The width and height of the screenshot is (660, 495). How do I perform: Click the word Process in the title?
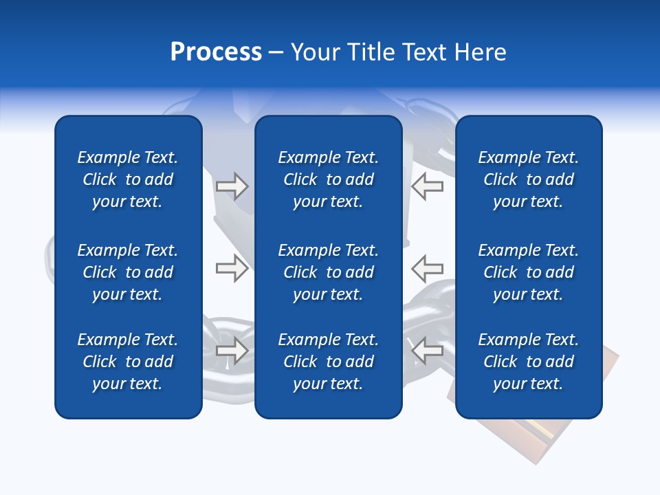[216, 52]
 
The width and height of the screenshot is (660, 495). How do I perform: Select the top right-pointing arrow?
[232, 186]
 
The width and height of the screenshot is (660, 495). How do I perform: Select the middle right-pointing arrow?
[232, 267]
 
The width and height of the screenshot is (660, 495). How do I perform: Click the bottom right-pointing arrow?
[232, 350]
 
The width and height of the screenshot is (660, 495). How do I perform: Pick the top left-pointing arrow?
[427, 186]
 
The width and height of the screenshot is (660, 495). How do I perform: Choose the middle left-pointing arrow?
[427, 267]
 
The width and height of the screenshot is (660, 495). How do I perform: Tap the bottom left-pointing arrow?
[427, 350]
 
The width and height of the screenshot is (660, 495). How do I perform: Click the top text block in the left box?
[128, 179]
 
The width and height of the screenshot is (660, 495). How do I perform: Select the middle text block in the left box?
[128, 272]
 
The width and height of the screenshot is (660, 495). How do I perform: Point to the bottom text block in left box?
[128, 362]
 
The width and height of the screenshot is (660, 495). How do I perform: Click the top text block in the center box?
[328, 179]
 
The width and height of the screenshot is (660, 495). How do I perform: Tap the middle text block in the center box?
[328, 272]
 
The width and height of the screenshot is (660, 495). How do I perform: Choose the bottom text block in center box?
[328, 362]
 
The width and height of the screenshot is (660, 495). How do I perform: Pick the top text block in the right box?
[528, 179]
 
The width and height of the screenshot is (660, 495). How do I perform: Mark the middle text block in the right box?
[528, 272]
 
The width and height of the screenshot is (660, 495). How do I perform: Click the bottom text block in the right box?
[528, 362]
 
